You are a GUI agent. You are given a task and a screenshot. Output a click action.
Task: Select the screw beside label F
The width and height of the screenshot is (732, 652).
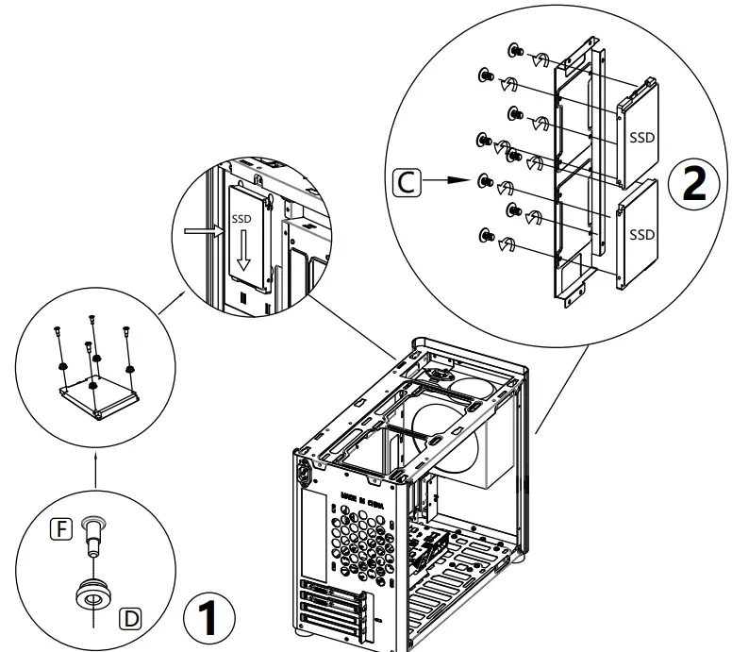[92, 534]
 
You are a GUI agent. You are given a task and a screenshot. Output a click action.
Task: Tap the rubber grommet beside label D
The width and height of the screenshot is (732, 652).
[93, 594]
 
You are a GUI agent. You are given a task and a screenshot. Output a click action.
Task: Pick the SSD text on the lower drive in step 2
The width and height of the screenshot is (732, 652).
[641, 232]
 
